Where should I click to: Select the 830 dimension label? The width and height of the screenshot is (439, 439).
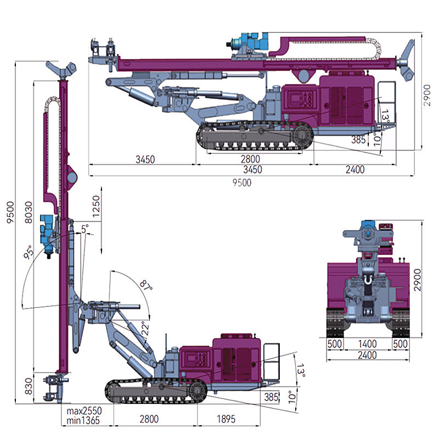tap(27, 387)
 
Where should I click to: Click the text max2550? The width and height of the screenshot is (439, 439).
tap(84, 410)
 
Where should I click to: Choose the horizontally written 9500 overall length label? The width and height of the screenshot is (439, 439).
tap(241, 183)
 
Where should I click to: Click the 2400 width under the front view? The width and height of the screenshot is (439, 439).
tap(367, 355)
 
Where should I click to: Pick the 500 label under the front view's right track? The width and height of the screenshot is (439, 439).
tap(400, 344)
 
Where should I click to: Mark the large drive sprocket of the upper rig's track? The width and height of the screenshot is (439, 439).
tap(301, 136)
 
